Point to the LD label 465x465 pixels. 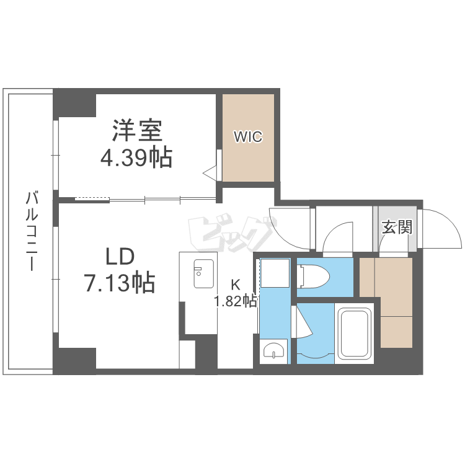pyautogui.click(x=119, y=257)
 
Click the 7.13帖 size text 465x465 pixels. pyautogui.click(x=119, y=283)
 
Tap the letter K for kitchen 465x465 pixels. pyautogui.click(x=236, y=285)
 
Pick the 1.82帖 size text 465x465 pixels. pyautogui.click(x=236, y=302)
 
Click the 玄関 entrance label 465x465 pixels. pyautogui.click(x=396, y=227)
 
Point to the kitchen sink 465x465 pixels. pyautogui.click(x=203, y=273)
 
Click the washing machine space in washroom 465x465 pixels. pyautogui.click(x=272, y=273)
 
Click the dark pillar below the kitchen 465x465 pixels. pyautogui.click(x=205, y=353)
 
